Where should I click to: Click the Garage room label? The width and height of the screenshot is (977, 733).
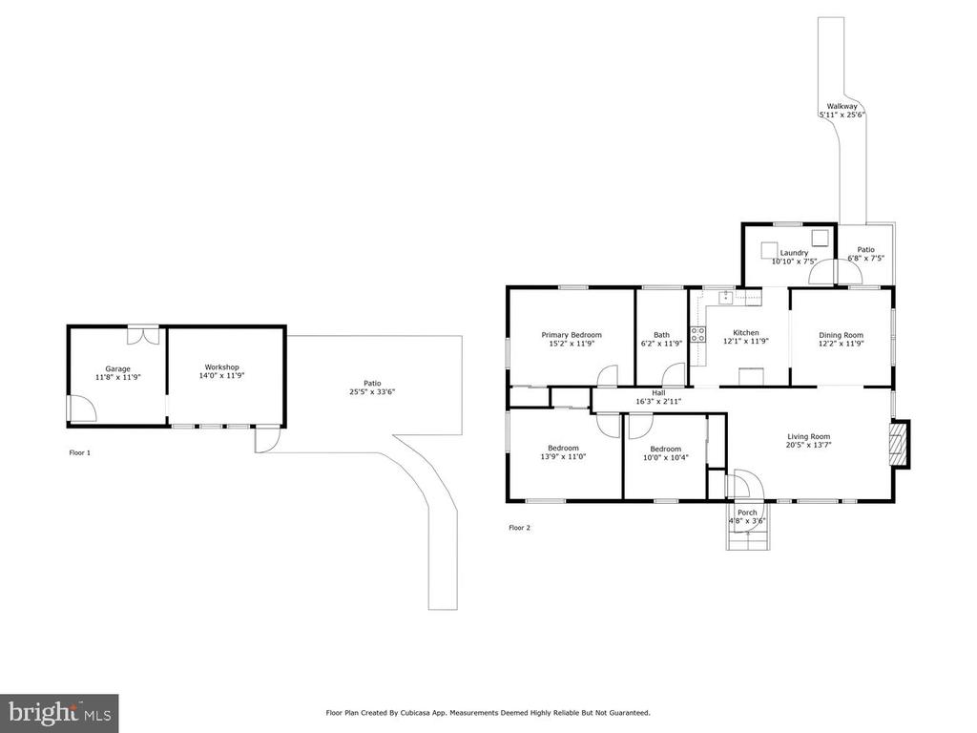tap(117, 369)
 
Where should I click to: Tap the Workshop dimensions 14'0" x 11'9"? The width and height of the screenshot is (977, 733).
tap(221, 376)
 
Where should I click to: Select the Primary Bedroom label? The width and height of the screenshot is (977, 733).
tap(572, 335)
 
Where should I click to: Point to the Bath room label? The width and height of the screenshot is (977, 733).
tap(662, 335)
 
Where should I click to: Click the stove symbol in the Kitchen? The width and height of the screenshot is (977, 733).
tap(697, 334)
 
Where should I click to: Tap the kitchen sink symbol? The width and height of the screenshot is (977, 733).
tap(726, 297)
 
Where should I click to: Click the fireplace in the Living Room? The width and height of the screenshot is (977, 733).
tap(899, 443)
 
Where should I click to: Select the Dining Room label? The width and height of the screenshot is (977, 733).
tap(842, 335)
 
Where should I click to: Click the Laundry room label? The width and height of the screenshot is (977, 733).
tap(794, 253)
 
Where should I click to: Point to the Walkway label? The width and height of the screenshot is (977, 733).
tap(842, 107)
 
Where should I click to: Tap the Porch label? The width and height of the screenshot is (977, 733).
tap(747, 513)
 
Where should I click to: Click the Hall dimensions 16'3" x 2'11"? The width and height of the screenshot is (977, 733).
tap(658, 402)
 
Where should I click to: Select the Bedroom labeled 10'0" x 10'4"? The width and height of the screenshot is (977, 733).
tap(665, 449)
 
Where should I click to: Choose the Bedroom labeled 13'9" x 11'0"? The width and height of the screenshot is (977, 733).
tap(563, 449)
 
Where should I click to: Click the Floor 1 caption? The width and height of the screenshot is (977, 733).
tap(80, 453)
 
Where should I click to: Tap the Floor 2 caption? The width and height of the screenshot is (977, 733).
tap(520, 528)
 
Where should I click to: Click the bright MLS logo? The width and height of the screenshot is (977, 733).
tap(60, 713)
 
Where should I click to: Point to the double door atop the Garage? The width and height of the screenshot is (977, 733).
tap(143, 335)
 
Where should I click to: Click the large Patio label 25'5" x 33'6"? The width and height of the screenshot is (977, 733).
tap(373, 387)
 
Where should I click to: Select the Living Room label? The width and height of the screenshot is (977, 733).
tap(809, 437)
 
